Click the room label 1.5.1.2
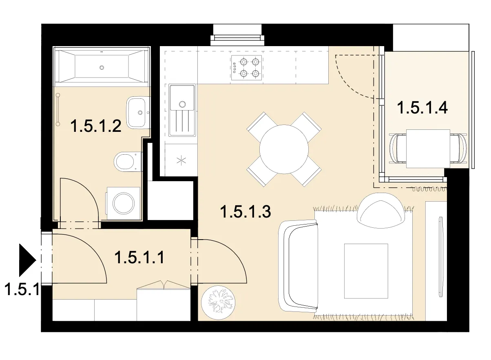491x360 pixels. (x=96, y=126)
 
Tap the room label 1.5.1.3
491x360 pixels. (x=246, y=212)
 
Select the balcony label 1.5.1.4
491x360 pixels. (x=422, y=107)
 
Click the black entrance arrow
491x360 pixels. (x=27, y=260)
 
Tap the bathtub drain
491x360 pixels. (x=102, y=68)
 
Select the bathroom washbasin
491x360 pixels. (x=138, y=113)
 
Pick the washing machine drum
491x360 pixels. (x=124, y=203)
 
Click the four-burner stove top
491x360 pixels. (x=247, y=68)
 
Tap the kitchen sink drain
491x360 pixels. (x=182, y=104)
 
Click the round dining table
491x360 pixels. (x=284, y=149)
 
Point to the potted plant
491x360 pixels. (x=218, y=302)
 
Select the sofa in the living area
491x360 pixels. (x=299, y=266)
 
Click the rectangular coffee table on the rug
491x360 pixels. (x=366, y=271)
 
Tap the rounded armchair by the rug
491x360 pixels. (x=380, y=211)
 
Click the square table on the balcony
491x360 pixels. (x=428, y=149)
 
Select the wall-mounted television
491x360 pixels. (x=440, y=257)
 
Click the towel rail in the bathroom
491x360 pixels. (x=58, y=109)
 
